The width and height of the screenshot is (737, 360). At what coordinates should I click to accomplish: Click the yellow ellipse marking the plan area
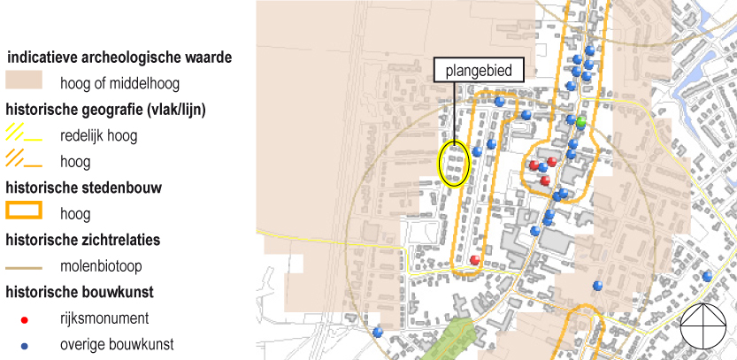pos(454,165)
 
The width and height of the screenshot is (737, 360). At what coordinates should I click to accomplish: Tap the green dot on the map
pos(581,120)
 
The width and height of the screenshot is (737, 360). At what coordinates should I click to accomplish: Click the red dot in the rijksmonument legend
pos(24,318)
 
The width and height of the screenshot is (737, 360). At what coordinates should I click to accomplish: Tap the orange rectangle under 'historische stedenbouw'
pos(24,212)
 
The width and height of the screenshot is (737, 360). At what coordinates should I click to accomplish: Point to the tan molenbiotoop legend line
pos(24,266)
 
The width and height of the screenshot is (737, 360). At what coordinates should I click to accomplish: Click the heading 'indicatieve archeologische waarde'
pos(119,58)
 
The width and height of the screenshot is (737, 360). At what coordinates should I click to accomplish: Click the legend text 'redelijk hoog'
pos(99,136)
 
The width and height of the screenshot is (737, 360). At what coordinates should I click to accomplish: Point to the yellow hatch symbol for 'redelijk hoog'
pos(24,136)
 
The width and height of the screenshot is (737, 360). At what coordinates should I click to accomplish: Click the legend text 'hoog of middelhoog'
pos(120,85)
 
